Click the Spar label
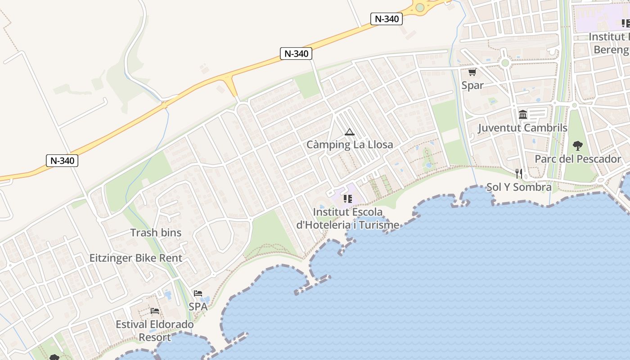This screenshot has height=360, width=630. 472,85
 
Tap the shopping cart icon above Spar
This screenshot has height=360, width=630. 472,72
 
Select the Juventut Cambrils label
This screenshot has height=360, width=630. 522,128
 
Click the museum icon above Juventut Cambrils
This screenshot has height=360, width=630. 522,115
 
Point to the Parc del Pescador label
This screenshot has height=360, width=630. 578,159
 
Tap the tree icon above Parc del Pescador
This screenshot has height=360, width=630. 578,146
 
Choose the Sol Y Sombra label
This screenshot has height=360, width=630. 519,187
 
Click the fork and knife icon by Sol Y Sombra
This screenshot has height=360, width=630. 519,174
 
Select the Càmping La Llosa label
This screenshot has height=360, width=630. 350,145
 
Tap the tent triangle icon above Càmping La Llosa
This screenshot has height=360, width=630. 350,132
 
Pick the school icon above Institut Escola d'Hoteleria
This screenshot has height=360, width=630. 347,198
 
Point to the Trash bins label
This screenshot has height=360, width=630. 156,233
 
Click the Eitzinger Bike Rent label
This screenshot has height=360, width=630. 136,258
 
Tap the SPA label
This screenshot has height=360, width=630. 198,307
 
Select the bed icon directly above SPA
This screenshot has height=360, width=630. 198,293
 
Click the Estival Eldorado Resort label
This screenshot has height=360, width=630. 155,331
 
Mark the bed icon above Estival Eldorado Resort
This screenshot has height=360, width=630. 155,311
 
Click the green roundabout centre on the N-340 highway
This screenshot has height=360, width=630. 420,7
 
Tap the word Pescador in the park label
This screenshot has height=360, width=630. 598,159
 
